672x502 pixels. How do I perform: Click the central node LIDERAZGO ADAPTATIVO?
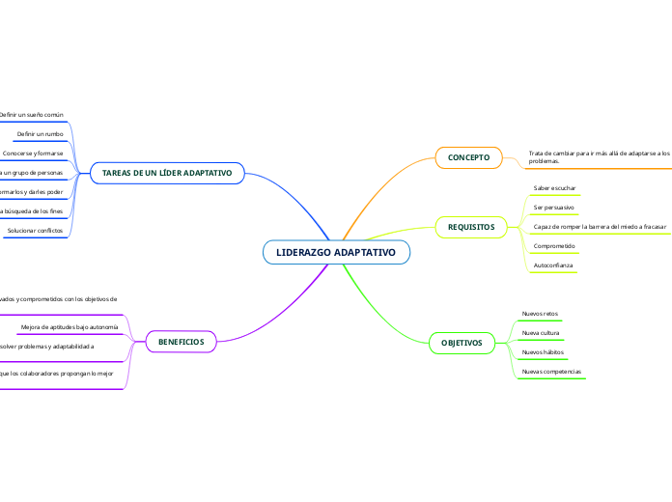pyautogui.click(x=336, y=252)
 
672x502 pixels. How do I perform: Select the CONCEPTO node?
pyautogui.click(x=469, y=157)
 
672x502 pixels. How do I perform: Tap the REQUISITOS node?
pyautogui.click(x=470, y=227)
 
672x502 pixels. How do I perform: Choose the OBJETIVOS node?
pyautogui.click(x=462, y=343)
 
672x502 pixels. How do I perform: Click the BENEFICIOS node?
pyautogui.click(x=181, y=341)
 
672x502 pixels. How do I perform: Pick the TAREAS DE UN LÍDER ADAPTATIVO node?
pyautogui.click(x=167, y=173)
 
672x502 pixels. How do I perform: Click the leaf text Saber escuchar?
pyautogui.click(x=555, y=187)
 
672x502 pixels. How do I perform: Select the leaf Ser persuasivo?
pyautogui.click(x=554, y=207)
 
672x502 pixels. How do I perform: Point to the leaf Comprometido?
pyautogui.click(x=554, y=245)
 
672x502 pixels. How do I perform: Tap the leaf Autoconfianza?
pyautogui.click(x=553, y=265)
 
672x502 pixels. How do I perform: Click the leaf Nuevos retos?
pyautogui.click(x=540, y=314)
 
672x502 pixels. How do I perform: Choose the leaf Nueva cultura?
pyautogui.click(x=540, y=333)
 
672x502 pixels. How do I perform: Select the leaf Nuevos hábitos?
pyautogui.click(x=543, y=352)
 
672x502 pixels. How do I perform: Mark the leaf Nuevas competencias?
pyautogui.click(x=551, y=372)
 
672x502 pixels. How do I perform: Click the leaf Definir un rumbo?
pyautogui.click(x=41, y=133)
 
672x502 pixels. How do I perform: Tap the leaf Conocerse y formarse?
pyautogui.click(x=33, y=153)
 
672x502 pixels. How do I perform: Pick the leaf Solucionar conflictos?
pyautogui.click(x=35, y=231)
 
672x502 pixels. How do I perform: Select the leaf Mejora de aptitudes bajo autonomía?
pyautogui.click(x=70, y=327)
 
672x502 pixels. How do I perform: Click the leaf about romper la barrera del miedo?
pyautogui.click(x=601, y=226)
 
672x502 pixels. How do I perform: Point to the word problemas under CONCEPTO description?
pyautogui.click(x=545, y=161)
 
